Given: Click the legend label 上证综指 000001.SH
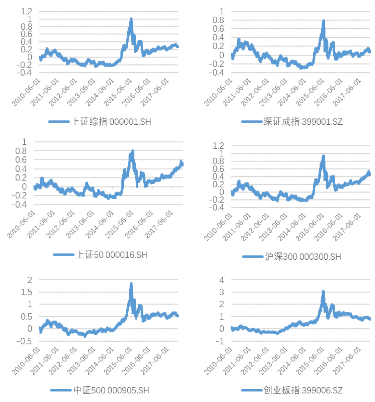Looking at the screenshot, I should click(111, 122).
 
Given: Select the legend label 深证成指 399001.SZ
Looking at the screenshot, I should click(303, 122).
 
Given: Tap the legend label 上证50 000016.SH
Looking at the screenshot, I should click(112, 255).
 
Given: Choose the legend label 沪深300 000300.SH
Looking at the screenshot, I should click(303, 257).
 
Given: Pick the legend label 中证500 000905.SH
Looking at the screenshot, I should click(111, 390).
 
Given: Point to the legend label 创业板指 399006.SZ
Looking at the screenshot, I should click(303, 390).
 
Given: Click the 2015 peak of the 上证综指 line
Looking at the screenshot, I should click(131, 19).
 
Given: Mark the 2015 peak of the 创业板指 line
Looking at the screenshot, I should click(323, 292).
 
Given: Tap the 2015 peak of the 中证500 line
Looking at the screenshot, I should click(131, 284).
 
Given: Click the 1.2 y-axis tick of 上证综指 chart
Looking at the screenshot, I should click(27, 11).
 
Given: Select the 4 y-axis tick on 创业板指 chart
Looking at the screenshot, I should click(222, 280).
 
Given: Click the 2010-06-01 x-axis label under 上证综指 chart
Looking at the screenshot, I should click(26, 93).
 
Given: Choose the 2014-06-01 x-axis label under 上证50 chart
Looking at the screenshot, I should click(100, 225).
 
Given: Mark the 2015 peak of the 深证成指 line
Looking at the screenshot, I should click(323, 21).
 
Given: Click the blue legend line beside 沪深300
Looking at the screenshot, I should click(253, 257).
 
